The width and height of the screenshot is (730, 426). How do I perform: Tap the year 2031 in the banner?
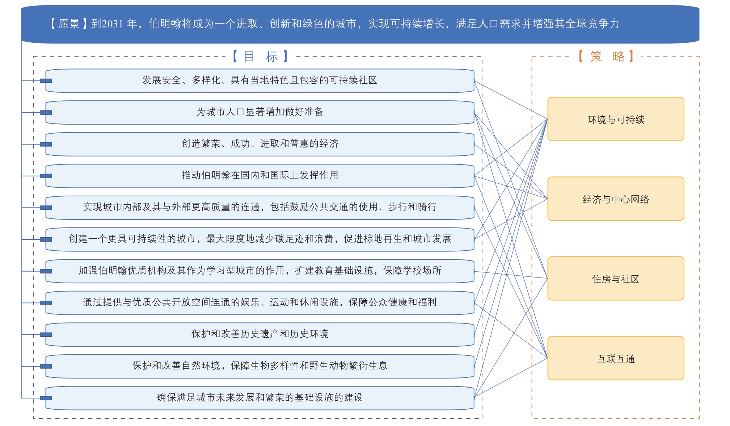113,24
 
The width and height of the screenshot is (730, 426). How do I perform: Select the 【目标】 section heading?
260,57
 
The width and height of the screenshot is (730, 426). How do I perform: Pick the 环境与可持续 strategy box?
616,119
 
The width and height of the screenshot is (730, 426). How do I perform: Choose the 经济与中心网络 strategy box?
616,199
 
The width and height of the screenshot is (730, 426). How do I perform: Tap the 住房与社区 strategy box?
616,279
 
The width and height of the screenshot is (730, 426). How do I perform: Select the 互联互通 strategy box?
616,358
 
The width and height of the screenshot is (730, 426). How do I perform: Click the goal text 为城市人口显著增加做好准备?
260,112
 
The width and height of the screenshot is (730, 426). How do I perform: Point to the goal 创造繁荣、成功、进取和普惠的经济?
260,144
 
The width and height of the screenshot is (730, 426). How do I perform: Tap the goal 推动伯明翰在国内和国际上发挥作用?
260,175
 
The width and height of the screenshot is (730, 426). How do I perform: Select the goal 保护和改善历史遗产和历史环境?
260,334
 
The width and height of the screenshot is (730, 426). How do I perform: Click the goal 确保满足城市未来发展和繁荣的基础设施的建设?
260,397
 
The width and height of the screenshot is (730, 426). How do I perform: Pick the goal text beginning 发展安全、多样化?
260,80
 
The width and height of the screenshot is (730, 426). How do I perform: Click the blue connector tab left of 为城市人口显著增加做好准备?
46,112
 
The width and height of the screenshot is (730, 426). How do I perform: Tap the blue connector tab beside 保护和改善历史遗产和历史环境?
46,335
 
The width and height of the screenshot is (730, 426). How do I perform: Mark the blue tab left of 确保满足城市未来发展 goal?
46,398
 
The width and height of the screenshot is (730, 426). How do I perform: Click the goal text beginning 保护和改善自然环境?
260,366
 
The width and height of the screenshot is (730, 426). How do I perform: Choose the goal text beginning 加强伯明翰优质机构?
260,271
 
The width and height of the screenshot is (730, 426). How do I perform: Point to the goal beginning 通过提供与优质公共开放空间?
260,302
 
